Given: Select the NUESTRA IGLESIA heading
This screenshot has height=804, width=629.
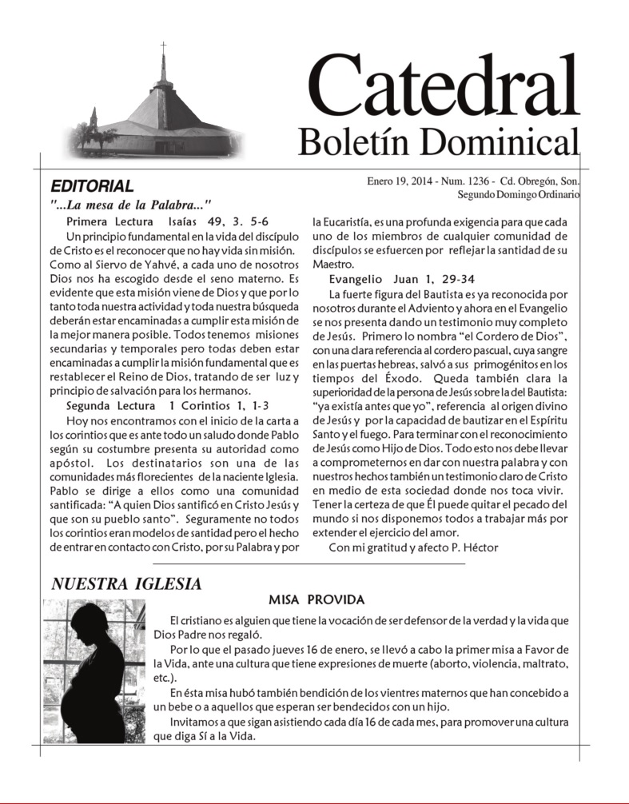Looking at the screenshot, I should click(x=126, y=584).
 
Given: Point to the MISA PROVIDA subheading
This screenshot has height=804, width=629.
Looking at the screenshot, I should click(x=316, y=600).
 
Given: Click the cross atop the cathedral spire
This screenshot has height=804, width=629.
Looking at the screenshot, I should click(x=163, y=48).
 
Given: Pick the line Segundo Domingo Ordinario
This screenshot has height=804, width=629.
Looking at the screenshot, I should click(x=519, y=194).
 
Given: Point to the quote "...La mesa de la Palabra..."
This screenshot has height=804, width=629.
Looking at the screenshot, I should click(x=130, y=205).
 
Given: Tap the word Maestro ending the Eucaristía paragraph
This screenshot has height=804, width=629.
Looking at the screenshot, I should click(x=332, y=264).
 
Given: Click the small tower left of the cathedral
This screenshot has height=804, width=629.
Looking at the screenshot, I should click(x=94, y=121).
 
